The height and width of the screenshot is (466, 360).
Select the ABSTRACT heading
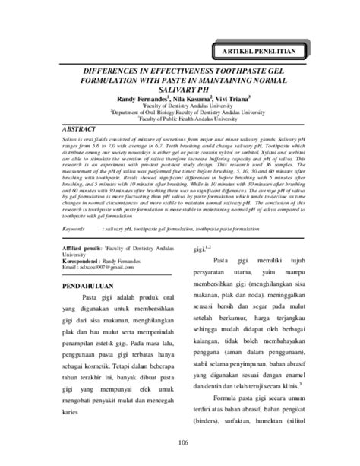tap(80, 130)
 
